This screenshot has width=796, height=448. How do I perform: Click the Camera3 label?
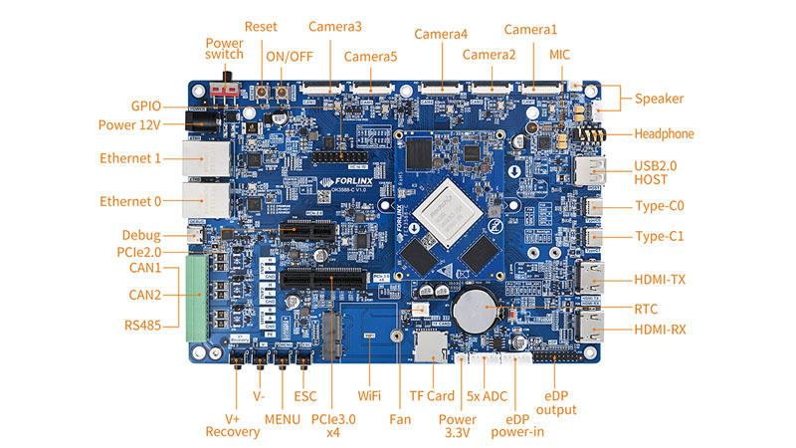[335, 27]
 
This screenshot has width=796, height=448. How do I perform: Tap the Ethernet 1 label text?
[130, 158]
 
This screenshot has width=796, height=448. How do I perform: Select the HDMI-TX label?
[660, 281]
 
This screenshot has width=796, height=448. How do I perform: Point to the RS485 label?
[145, 325]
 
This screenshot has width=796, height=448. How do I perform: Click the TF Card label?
[432, 395]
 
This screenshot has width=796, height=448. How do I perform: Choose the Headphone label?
[665, 133]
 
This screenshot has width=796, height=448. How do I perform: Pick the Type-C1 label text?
[661, 237]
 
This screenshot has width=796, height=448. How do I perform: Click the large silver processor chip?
[445, 211]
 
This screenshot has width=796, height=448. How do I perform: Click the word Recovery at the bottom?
[232, 431]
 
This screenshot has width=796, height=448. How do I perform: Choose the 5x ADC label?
[488, 395]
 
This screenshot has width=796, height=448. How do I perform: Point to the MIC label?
[560, 55]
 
